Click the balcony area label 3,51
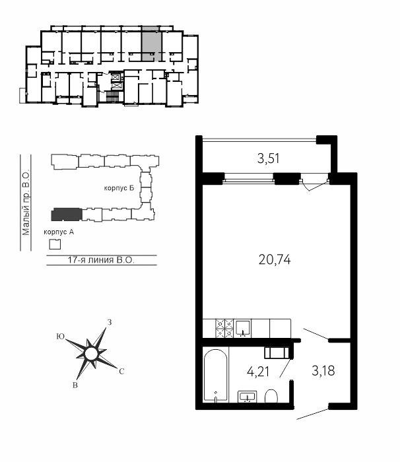tap(268, 159)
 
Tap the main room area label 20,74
tap(275, 260)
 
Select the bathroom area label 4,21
tap(258, 372)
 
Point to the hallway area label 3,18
tap(323, 371)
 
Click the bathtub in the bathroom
tap(216, 375)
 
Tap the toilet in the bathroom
tap(271, 396)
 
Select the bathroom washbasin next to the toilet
tap(248, 397)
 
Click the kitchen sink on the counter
tap(243, 328)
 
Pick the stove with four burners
tap(224, 328)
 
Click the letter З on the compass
tap(110, 322)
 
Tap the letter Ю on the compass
tap(61, 337)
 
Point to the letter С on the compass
tap(121, 372)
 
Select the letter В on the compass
tap(75, 385)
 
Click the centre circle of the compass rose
tap(91, 354)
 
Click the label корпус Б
tap(119, 188)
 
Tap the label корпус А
tap(59, 232)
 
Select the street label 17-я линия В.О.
tap(101, 260)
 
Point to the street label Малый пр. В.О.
tap(26, 202)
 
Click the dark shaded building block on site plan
tap(67, 214)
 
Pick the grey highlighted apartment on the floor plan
tap(152, 47)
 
